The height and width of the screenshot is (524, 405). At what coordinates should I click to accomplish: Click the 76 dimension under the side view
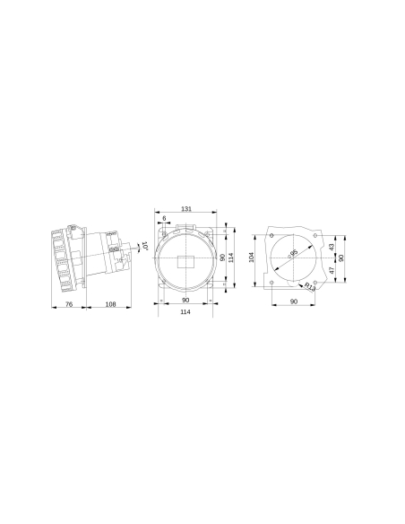pos(69,304)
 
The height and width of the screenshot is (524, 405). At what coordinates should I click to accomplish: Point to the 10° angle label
pos(143,244)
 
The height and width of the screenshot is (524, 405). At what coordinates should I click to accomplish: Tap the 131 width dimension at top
pos(185,208)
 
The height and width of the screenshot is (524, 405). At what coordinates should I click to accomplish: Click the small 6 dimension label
pos(165,218)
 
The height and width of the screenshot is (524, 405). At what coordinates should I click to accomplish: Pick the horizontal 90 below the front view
pos(185,300)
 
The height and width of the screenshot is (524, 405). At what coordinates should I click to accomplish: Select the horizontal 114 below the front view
pos(185,312)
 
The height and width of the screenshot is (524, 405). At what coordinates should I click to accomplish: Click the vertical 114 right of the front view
pos(231,257)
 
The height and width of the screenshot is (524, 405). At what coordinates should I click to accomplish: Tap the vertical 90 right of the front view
pos(222,257)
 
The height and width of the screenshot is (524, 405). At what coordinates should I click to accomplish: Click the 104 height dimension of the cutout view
pos(253,257)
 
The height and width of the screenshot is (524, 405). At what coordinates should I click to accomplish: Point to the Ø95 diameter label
pos(294,254)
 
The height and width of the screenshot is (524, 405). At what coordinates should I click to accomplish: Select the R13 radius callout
pos(310,287)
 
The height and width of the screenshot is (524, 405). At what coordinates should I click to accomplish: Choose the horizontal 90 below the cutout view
pos(294,303)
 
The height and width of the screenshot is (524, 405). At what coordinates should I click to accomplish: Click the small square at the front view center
pos(185,262)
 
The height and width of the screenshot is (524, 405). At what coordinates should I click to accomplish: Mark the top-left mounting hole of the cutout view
pos(272,235)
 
